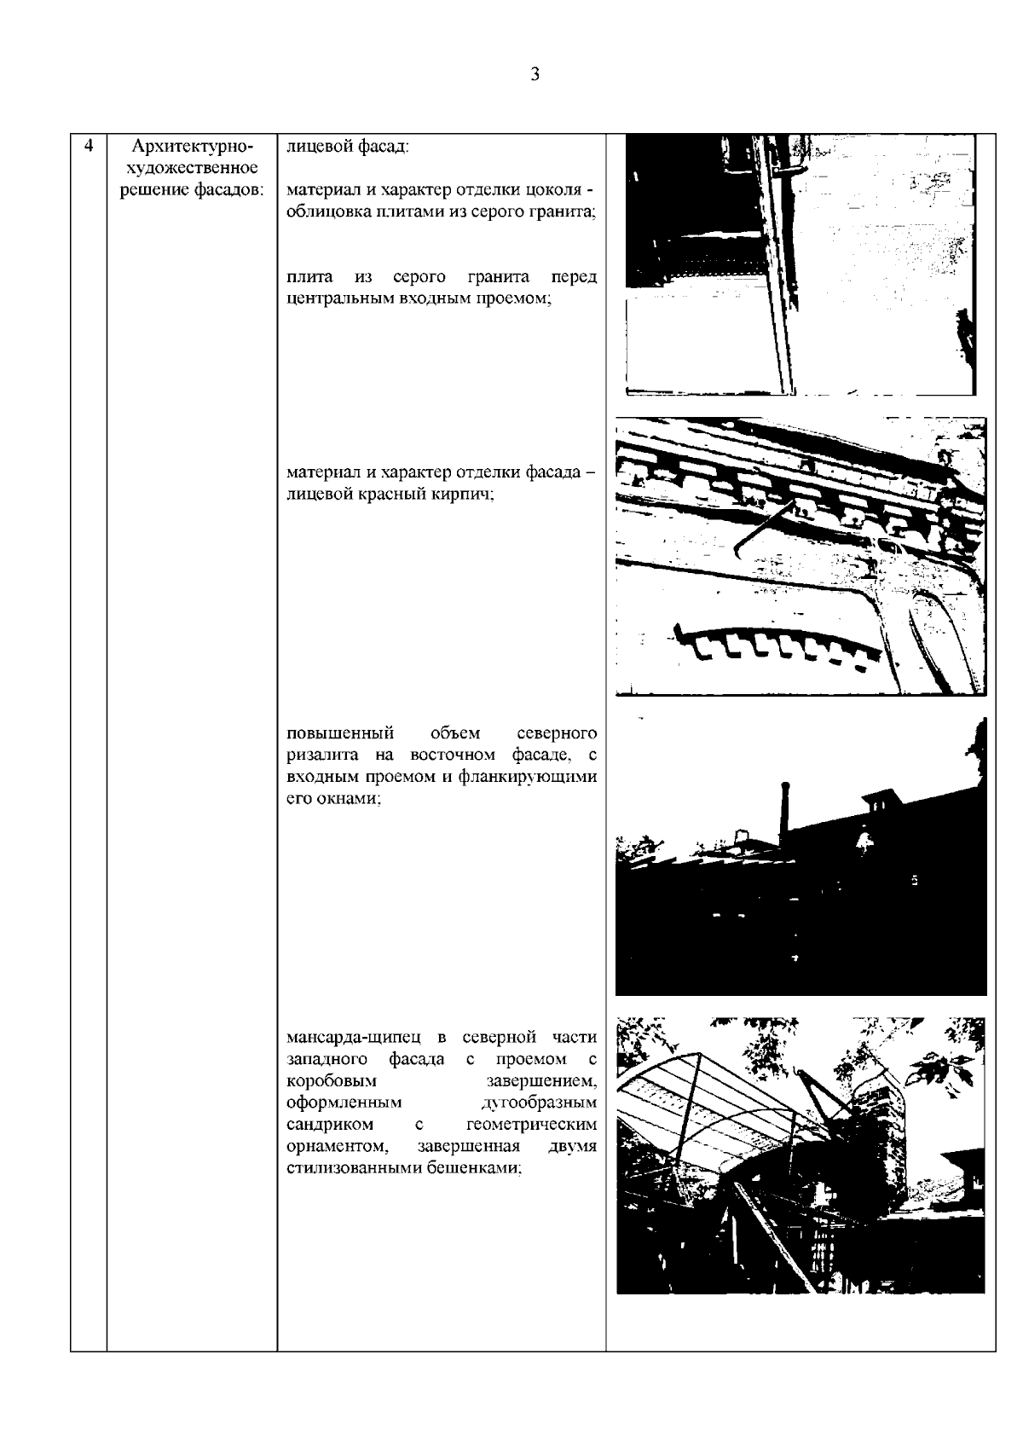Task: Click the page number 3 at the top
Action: pyautogui.click(x=535, y=74)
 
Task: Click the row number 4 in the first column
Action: pyautogui.click(x=88, y=146)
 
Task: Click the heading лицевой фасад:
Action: pyautogui.click(x=348, y=147)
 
